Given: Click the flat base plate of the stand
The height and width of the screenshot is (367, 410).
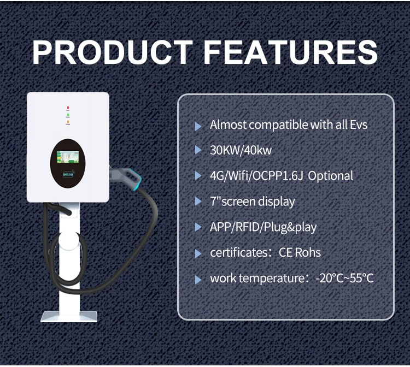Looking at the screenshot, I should tap(69, 316).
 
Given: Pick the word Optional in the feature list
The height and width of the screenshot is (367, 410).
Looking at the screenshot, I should tap(331, 176).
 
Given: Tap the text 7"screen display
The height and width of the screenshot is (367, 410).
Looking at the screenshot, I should tap(252, 202).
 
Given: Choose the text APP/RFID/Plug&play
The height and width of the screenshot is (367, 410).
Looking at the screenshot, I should tap(263, 227).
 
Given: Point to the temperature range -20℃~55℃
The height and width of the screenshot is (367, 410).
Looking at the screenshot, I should tap(344, 279).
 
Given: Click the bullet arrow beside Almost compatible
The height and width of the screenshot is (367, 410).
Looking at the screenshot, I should tap(198, 126).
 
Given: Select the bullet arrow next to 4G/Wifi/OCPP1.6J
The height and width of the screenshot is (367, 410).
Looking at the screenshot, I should tap(198, 176).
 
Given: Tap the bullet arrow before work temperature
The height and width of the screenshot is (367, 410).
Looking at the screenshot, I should tap(198, 279).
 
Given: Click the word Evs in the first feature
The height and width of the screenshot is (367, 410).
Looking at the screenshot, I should tap(359, 125).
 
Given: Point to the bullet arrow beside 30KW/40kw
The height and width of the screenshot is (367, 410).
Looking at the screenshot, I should tap(198, 151).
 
